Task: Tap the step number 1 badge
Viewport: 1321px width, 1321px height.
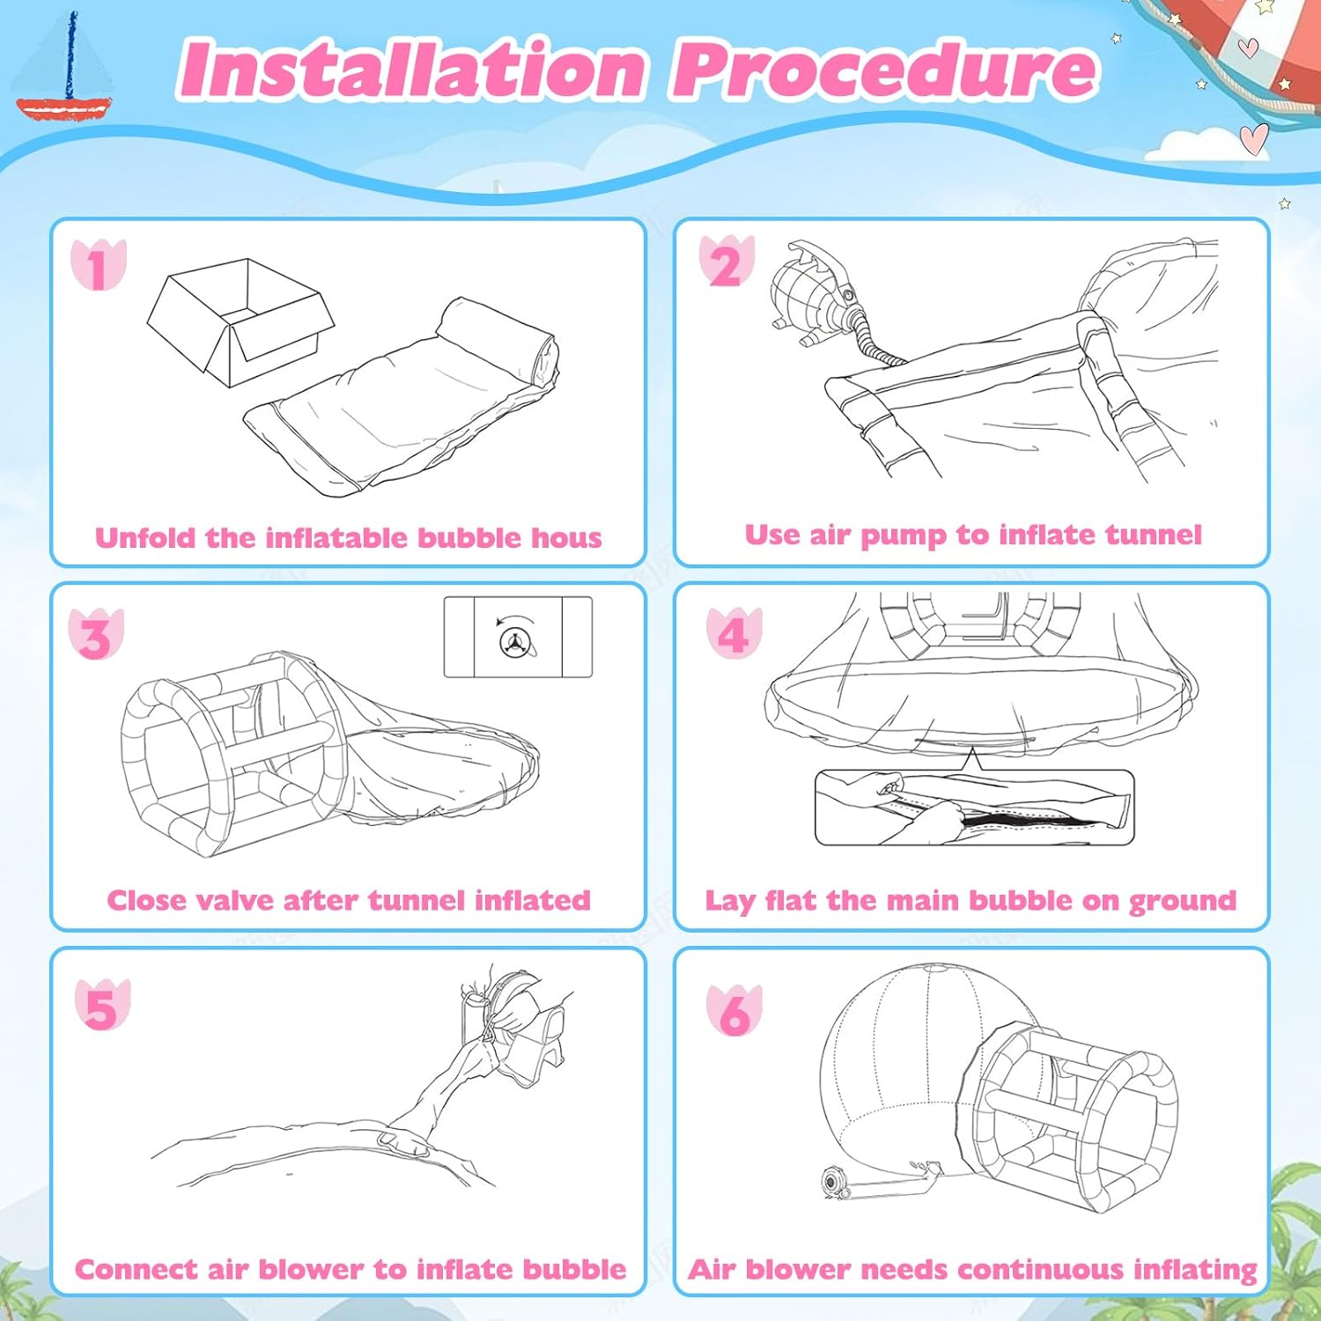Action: coord(99,266)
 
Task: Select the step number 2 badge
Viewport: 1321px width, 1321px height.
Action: coord(727,262)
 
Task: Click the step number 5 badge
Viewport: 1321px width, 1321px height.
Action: coord(102,1006)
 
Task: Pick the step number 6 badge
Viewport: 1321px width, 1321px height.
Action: coord(734,1010)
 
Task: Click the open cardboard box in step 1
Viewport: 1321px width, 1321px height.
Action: coord(240,321)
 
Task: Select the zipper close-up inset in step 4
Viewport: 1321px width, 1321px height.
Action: coord(974,808)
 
